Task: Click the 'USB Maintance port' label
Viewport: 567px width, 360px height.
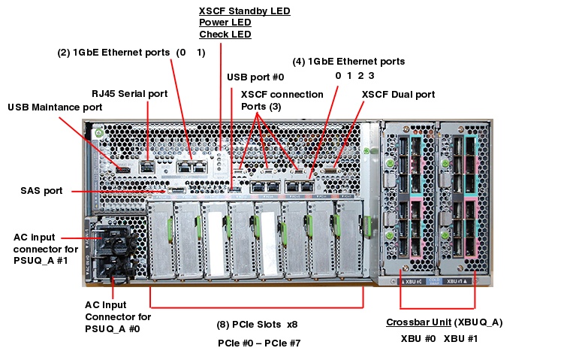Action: [x=55, y=107]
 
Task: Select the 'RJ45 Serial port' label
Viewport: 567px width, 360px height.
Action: [x=129, y=94]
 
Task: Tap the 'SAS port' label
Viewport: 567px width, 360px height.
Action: [x=42, y=191]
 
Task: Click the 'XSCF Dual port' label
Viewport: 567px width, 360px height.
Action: [x=398, y=95]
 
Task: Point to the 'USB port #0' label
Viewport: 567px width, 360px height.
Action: [x=255, y=77]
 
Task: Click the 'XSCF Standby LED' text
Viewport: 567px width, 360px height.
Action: [x=244, y=11]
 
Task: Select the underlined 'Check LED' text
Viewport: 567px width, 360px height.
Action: [x=225, y=35]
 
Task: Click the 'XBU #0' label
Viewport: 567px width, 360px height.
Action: [x=418, y=338]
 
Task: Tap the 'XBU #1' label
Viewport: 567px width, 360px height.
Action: [x=460, y=338]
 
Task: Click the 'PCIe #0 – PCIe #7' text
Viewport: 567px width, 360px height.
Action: [x=258, y=343]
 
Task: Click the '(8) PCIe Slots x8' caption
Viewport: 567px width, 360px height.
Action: [x=258, y=325]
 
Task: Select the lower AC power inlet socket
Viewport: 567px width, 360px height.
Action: [x=112, y=266]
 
